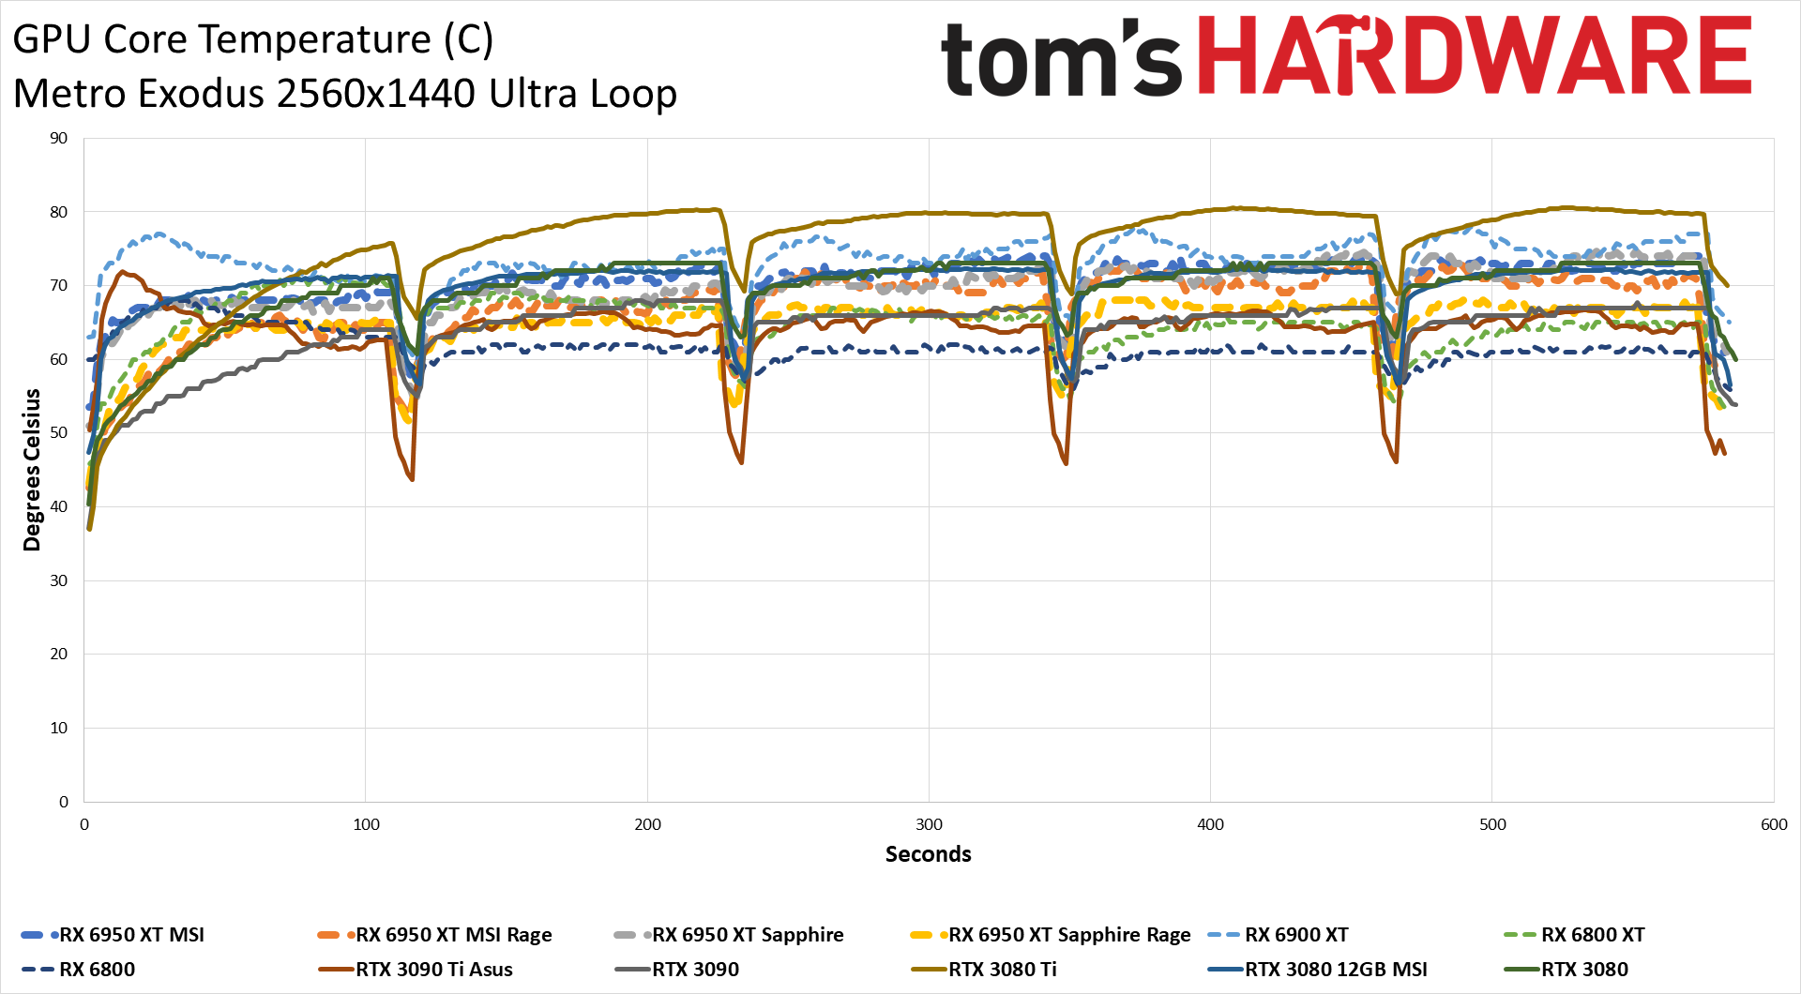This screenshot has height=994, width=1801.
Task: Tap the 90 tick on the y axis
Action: tap(59, 139)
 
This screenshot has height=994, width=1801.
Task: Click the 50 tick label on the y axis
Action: tap(59, 433)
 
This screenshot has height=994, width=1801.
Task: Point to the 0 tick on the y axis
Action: tap(64, 802)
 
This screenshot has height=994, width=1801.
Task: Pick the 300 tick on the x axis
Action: tap(929, 825)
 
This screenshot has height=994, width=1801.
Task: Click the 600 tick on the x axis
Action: tap(1773, 825)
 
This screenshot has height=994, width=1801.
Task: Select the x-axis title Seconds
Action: tap(928, 854)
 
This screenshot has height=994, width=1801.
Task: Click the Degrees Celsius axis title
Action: tap(33, 470)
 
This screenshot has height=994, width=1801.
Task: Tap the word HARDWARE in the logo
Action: tap(1475, 56)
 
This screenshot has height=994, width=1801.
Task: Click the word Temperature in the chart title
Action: tap(267, 39)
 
